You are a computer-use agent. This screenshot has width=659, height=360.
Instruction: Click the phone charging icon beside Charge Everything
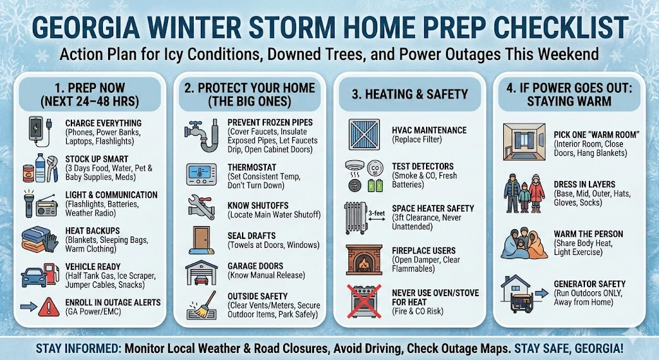point(39,131)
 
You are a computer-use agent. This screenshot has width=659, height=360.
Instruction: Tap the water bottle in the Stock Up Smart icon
point(41,167)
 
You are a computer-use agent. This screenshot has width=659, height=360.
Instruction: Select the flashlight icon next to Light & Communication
point(28,204)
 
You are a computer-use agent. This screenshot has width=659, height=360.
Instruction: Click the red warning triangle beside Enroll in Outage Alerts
point(49,307)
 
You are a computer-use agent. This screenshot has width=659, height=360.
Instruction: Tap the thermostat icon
point(201,175)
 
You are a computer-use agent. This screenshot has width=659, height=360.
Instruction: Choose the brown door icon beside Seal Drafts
point(202,240)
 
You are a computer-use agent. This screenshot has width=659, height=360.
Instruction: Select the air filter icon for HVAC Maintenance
point(364,135)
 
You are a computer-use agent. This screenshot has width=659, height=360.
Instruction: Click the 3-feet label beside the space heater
point(376,214)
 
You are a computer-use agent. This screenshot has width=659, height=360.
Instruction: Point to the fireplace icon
point(364,260)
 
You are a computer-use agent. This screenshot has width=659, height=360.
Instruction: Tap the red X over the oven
point(364,301)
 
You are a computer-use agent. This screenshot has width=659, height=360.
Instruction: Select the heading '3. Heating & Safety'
point(410,94)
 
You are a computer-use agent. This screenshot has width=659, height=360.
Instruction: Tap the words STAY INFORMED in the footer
point(79,348)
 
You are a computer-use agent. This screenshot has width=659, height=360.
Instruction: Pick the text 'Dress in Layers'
point(584,184)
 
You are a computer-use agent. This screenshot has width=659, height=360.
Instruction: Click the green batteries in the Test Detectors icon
point(376,185)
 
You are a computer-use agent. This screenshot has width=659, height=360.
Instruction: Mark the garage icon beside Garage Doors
point(201,272)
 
